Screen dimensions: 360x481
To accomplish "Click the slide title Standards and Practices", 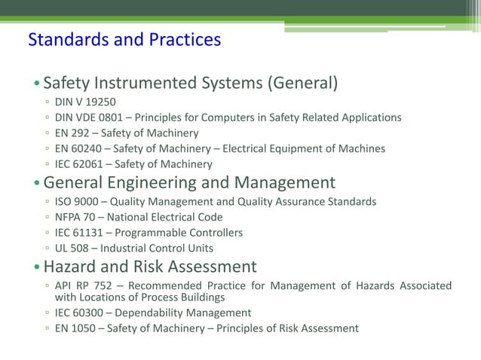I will coord(124,39).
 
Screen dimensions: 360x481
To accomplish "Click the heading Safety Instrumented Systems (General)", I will coord(190,83).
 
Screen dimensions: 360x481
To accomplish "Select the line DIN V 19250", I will coord(86,101).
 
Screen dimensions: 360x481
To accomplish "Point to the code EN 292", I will coord(73,133).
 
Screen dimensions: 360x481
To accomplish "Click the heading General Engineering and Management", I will coord(189,182).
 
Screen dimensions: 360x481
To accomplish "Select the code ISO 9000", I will coord(77,201).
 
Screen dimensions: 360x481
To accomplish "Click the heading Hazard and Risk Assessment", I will coord(150,267).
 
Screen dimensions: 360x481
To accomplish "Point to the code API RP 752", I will coord(85,285).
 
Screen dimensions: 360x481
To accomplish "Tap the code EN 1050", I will coord(76,328).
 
